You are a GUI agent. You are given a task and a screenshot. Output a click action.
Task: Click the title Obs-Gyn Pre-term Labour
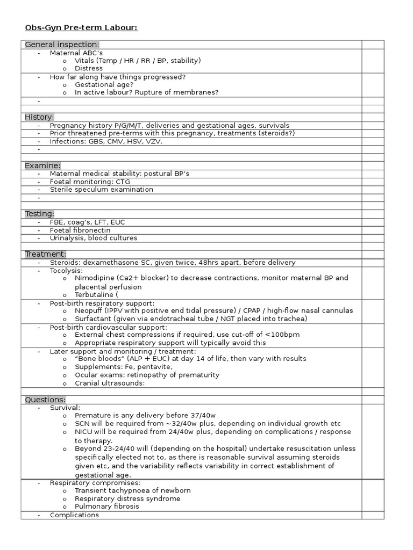click(81, 27)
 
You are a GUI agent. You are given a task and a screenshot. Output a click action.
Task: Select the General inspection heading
click(62, 45)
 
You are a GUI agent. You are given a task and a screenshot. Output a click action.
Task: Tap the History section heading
click(39, 117)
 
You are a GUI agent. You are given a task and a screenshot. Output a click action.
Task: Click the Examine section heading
click(42, 165)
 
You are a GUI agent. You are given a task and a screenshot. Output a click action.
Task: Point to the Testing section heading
click(39, 214)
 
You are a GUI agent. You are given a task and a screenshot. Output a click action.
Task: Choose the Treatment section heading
click(46, 254)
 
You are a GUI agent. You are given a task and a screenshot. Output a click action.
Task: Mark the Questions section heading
click(45, 400)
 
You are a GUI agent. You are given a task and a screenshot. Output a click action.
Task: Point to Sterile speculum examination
click(101, 190)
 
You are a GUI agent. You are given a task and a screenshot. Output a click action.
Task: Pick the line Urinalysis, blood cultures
click(93, 238)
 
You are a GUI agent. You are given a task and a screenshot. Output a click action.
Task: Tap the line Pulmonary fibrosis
click(106, 506)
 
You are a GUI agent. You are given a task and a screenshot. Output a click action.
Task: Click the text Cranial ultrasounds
click(110, 383)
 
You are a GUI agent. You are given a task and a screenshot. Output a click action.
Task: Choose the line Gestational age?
click(104, 85)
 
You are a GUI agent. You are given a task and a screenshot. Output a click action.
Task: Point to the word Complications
click(74, 515)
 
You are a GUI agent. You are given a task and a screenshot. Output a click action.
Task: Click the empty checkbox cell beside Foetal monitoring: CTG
click(373, 182)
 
